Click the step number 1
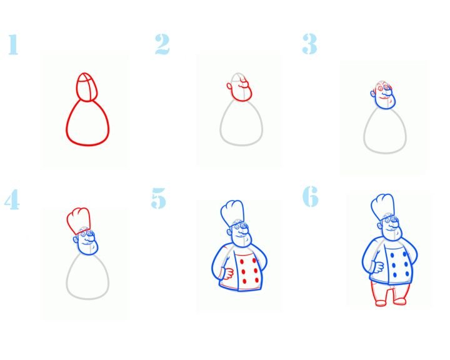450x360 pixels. (13, 44)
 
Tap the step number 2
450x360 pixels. (162, 44)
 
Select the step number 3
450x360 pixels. (309, 44)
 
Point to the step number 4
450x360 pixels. (12, 199)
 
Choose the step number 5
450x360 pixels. (158, 198)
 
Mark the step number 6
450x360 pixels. (311, 196)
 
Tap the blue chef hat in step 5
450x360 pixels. (232, 213)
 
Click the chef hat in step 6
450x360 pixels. (382, 207)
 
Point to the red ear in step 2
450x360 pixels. (229, 86)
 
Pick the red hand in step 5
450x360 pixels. (227, 273)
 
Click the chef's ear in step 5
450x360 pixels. (229, 231)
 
